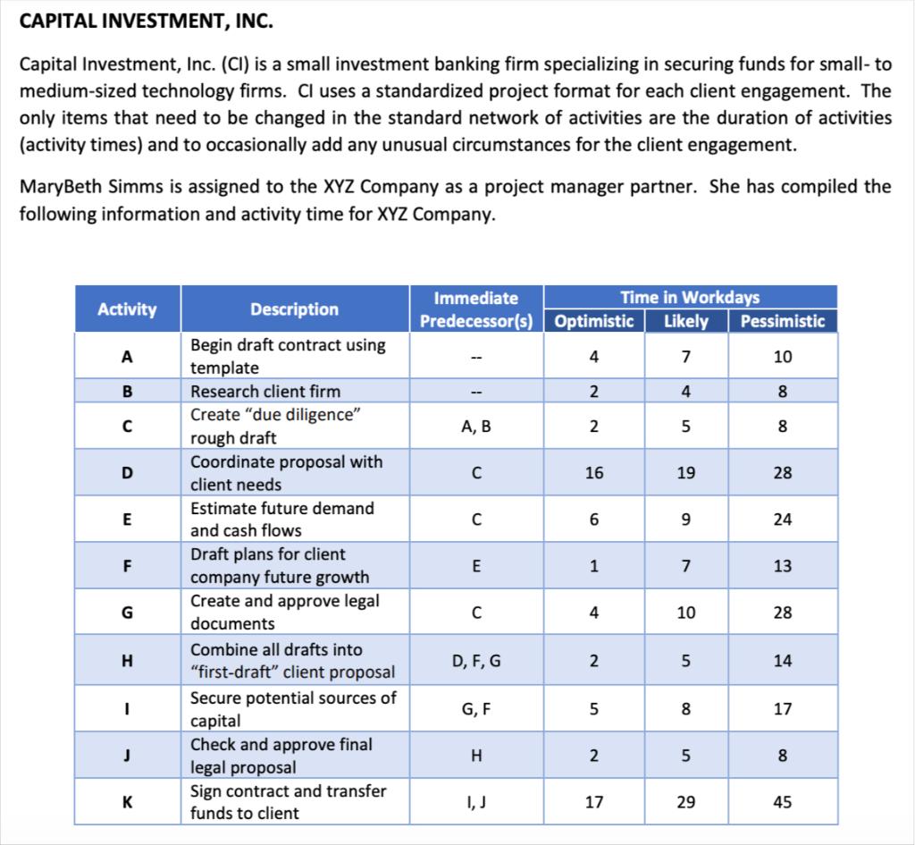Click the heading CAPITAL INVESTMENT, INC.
click(x=147, y=21)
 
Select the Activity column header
click(x=127, y=309)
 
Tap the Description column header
click(x=294, y=309)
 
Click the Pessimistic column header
click(x=782, y=321)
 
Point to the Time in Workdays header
click(x=690, y=298)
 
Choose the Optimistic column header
click(x=594, y=321)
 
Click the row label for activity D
click(x=127, y=473)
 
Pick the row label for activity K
click(x=127, y=802)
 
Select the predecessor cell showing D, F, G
click(x=476, y=662)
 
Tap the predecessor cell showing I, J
click(x=476, y=802)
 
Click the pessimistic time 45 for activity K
click(x=782, y=802)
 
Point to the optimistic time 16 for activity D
click(x=594, y=473)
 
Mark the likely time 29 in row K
click(x=685, y=802)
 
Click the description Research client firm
click(x=265, y=392)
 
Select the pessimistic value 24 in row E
click(x=782, y=520)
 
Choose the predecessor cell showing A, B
click(x=476, y=427)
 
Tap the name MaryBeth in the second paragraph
click(x=59, y=187)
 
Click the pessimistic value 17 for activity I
click(x=782, y=709)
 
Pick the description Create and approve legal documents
click(x=284, y=613)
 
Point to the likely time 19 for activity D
click(x=685, y=473)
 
